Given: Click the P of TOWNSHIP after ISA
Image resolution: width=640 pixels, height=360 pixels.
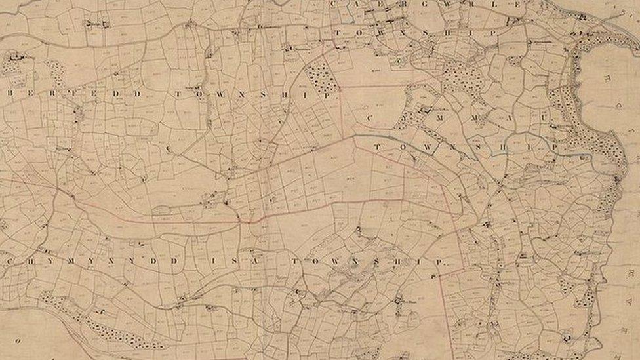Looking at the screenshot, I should tap(445, 262).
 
